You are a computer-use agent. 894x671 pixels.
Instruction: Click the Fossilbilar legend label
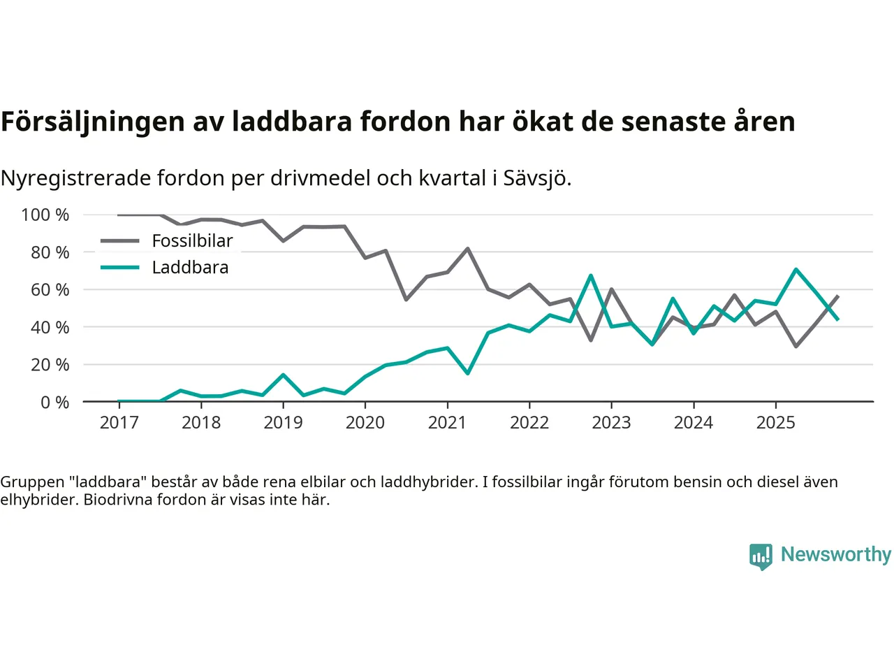[192, 241]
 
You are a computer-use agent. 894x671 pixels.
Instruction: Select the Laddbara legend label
[190, 268]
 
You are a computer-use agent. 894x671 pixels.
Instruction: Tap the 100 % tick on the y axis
[45, 215]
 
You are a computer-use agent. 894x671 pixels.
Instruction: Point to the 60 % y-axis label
[50, 290]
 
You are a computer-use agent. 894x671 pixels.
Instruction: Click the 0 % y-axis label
[54, 403]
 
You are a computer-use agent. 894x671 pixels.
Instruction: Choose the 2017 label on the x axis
[119, 423]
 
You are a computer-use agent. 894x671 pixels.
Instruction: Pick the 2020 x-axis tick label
[365, 423]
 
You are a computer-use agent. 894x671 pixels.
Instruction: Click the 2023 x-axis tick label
[611, 423]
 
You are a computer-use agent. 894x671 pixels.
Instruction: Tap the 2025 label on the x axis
[775, 423]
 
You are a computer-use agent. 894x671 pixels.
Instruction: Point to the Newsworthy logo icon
[761, 556]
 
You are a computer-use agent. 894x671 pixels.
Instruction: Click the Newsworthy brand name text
[836, 554]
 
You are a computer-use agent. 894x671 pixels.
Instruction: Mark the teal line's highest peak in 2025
[796, 269]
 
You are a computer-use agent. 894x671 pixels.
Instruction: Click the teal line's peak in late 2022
[591, 275]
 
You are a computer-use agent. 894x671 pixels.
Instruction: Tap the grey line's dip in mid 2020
[406, 300]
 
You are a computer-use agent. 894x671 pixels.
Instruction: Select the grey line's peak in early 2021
[467, 248]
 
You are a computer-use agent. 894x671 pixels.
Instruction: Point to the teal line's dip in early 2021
[467, 373]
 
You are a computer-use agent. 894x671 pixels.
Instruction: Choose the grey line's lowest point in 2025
[796, 347]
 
